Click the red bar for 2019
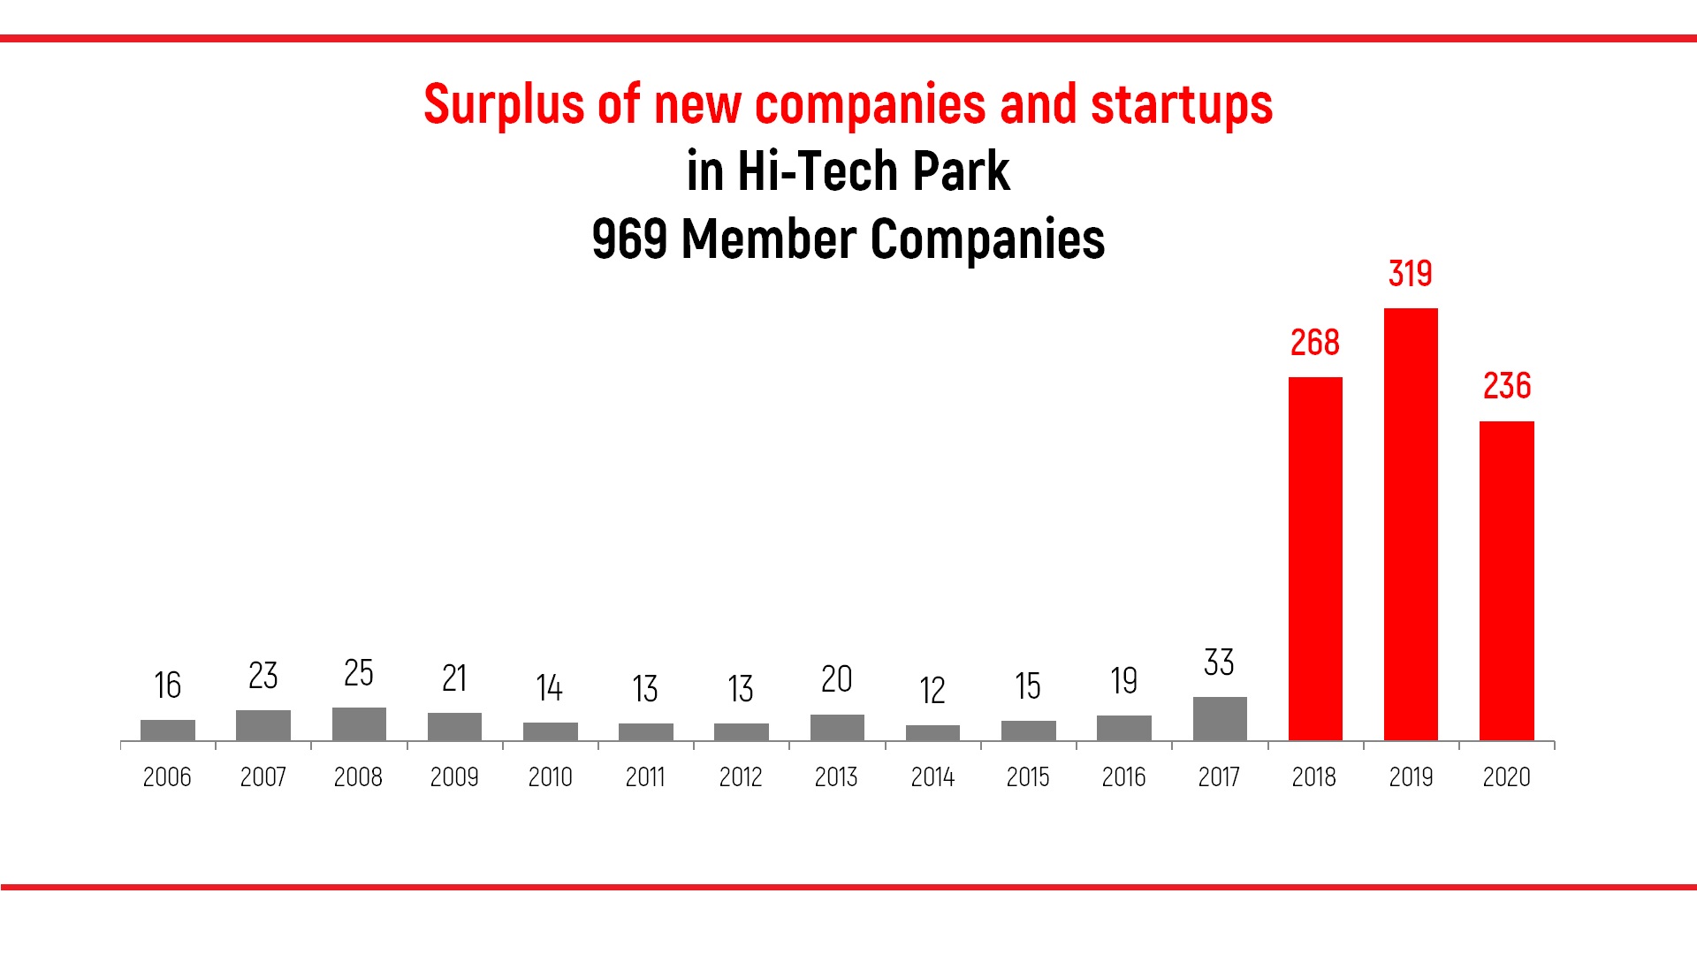1411,524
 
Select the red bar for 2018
1315,558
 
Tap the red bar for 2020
1507,580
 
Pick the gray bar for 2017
1220,718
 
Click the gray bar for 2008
359,723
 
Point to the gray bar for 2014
932,732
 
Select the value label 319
1411,274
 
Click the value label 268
1315,343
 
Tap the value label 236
1507,386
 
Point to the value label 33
1220,662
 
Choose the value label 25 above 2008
359,673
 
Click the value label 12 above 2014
932,691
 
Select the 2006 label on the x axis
167,777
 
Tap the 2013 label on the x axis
836,777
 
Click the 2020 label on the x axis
1507,777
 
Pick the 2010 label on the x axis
550,777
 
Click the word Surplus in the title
505,105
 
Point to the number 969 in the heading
629,239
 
